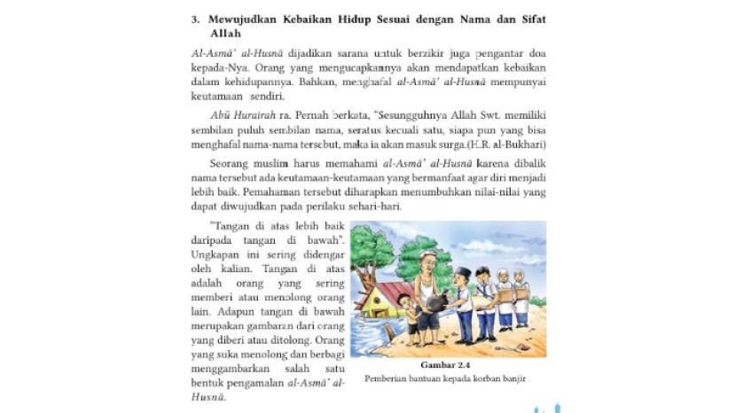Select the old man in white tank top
427,292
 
